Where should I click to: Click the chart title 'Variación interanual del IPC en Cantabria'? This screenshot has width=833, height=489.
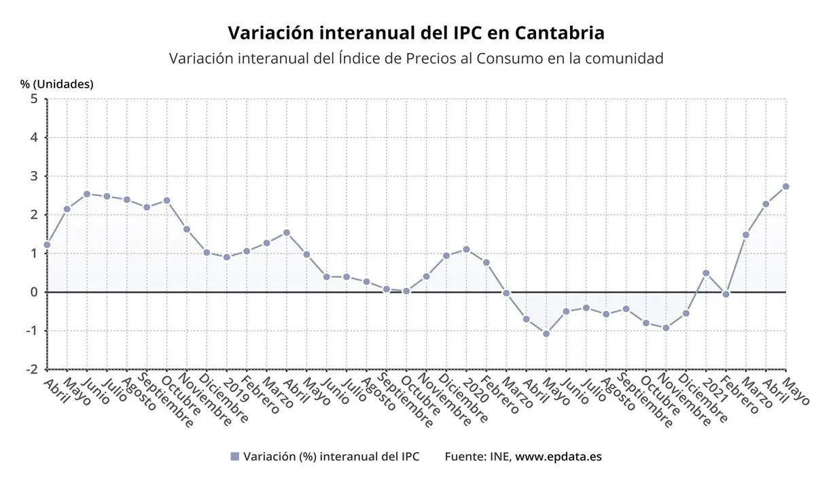[x=416, y=33]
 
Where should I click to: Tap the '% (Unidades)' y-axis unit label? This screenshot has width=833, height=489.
[x=56, y=84]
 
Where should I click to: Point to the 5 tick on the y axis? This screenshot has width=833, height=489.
[x=33, y=99]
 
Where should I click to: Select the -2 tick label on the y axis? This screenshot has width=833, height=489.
[x=31, y=369]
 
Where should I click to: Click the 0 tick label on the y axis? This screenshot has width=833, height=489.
[x=33, y=292]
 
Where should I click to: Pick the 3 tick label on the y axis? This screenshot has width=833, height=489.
[x=33, y=177]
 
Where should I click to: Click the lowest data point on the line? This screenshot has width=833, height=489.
[x=546, y=333]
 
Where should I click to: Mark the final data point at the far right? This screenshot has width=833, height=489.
[x=785, y=186]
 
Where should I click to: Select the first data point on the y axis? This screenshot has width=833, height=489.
[x=47, y=244]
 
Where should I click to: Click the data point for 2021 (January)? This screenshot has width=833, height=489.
[x=706, y=273]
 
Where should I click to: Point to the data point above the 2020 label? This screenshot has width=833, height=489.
[x=466, y=249]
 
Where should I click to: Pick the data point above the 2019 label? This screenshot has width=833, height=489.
[x=227, y=257]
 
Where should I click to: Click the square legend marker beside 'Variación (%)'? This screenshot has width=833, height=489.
[x=235, y=457]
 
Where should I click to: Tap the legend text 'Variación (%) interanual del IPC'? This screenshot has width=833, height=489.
[x=331, y=457]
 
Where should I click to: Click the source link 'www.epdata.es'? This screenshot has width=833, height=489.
[x=558, y=457]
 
